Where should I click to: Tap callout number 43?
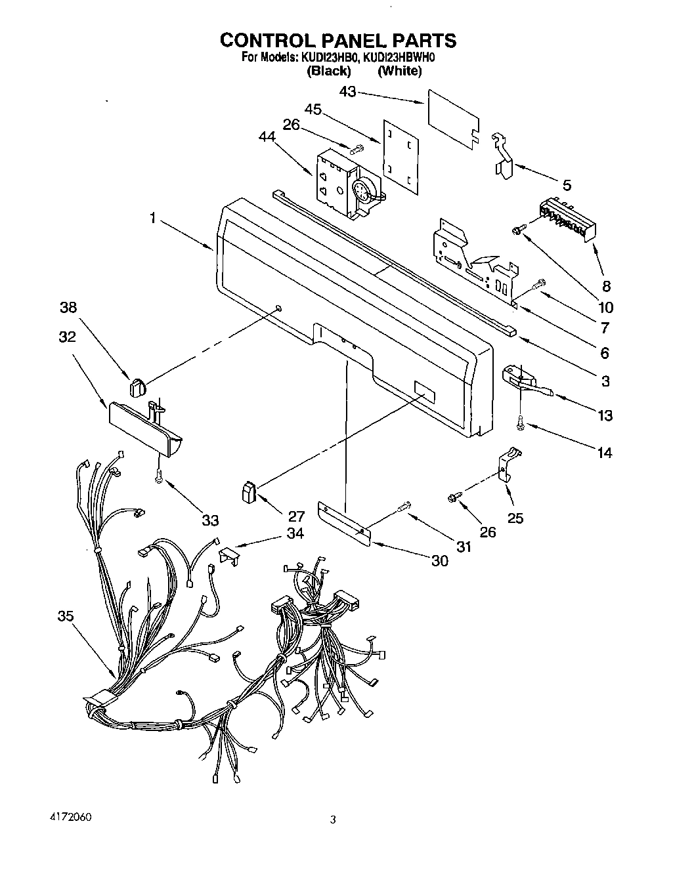pos(348,93)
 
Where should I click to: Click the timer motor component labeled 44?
pos(343,182)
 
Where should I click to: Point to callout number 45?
pos(313,110)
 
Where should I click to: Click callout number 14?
pos(604,452)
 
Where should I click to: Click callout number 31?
pos(464,546)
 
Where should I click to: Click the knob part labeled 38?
pos(137,388)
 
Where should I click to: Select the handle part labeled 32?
pos(145,429)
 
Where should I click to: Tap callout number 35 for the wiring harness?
pos(65,615)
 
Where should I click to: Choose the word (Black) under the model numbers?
pos(329,71)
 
